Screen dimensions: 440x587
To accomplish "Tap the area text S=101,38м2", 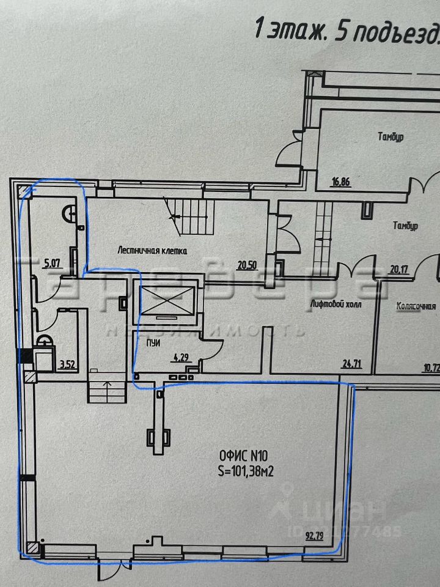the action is (248, 471).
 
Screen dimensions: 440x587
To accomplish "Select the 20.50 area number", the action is (247, 265).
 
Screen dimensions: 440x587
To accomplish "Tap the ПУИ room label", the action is (153, 344).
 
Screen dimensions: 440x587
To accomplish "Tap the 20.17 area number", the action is (398, 267).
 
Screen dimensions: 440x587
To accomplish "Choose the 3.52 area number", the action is (65, 366).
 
